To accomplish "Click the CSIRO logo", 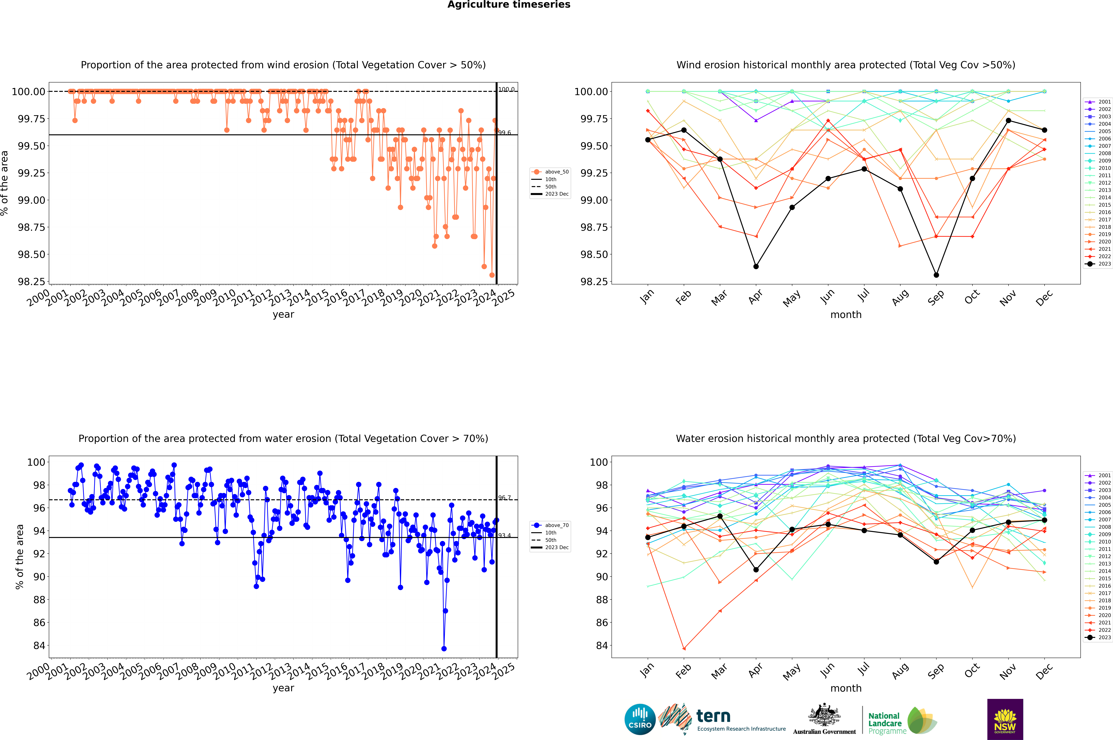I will [640, 719].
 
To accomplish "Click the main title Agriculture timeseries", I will [509, 5].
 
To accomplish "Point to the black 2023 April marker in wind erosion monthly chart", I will [756, 267].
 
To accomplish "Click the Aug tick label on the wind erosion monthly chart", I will [900, 298].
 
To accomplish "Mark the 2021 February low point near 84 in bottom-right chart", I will [684, 648].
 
